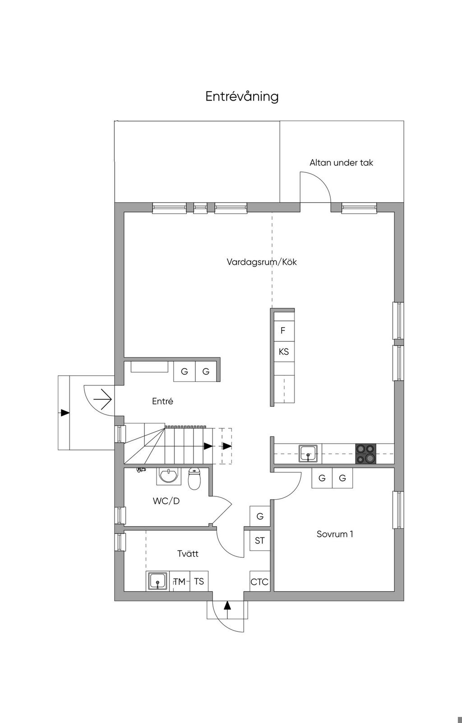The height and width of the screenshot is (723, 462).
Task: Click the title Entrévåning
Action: [x=242, y=97]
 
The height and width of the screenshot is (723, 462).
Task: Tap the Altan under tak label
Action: [x=342, y=162]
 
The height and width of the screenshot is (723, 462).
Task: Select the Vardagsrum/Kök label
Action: [x=262, y=262]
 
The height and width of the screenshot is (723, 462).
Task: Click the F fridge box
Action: [x=283, y=330]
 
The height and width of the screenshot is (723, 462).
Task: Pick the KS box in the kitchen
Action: [x=284, y=352]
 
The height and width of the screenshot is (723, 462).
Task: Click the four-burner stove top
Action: [x=366, y=454]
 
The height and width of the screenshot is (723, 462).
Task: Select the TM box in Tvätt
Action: [x=180, y=581]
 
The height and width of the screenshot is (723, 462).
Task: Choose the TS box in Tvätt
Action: [x=199, y=581]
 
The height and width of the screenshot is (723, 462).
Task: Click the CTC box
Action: [x=260, y=582]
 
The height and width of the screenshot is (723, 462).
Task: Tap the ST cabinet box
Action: [x=260, y=541]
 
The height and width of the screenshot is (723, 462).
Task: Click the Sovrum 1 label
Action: [x=335, y=534]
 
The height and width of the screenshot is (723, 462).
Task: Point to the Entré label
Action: [x=162, y=401]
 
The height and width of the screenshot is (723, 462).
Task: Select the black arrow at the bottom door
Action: [x=228, y=606]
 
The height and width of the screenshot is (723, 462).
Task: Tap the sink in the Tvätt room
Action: [x=158, y=581]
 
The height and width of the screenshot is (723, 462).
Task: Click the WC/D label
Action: [x=166, y=501]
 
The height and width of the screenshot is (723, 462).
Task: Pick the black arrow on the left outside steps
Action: [x=65, y=412]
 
